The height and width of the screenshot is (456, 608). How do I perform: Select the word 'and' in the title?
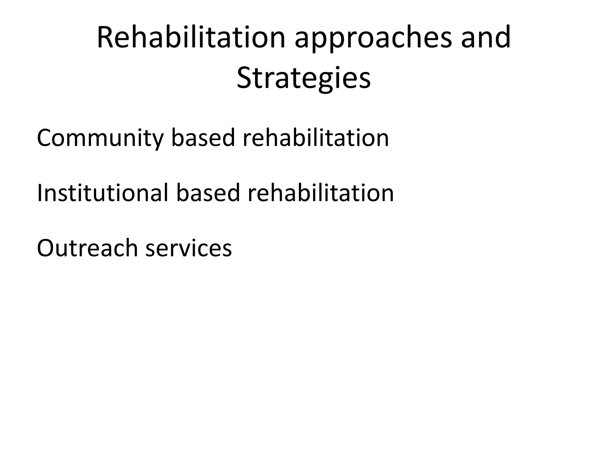click(486, 38)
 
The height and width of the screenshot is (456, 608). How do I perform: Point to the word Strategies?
click(304, 78)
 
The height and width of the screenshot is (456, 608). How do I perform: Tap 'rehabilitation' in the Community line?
click(316, 138)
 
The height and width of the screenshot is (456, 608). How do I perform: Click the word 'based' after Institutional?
click(208, 193)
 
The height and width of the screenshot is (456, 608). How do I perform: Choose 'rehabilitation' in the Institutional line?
click(321, 193)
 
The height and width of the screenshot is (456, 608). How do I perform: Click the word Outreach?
click(87, 248)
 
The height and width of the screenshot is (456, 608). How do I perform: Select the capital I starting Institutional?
click(39, 193)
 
